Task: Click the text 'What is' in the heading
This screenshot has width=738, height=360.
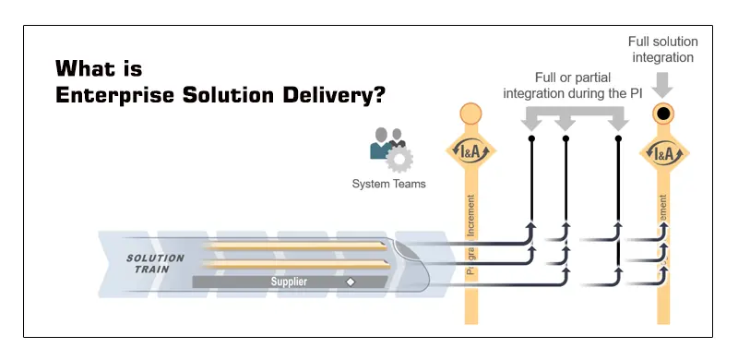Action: pos(100,68)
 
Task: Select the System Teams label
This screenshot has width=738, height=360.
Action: pos(388,184)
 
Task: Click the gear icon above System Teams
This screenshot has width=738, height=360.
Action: pos(399,159)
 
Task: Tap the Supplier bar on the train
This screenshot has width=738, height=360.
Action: pos(289,282)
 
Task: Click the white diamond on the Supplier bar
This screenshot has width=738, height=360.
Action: pos(350,282)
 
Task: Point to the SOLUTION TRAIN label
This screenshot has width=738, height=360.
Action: pos(155,263)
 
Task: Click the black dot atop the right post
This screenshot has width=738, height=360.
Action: pos(662,114)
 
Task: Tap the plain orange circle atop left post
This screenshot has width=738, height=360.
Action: pos(470,114)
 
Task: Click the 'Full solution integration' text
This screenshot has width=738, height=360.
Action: pos(662,50)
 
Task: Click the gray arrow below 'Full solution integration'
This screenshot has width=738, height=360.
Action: pos(662,85)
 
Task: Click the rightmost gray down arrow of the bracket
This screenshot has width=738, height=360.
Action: pos(618,121)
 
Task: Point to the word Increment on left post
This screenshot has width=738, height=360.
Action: pos(470,216)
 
